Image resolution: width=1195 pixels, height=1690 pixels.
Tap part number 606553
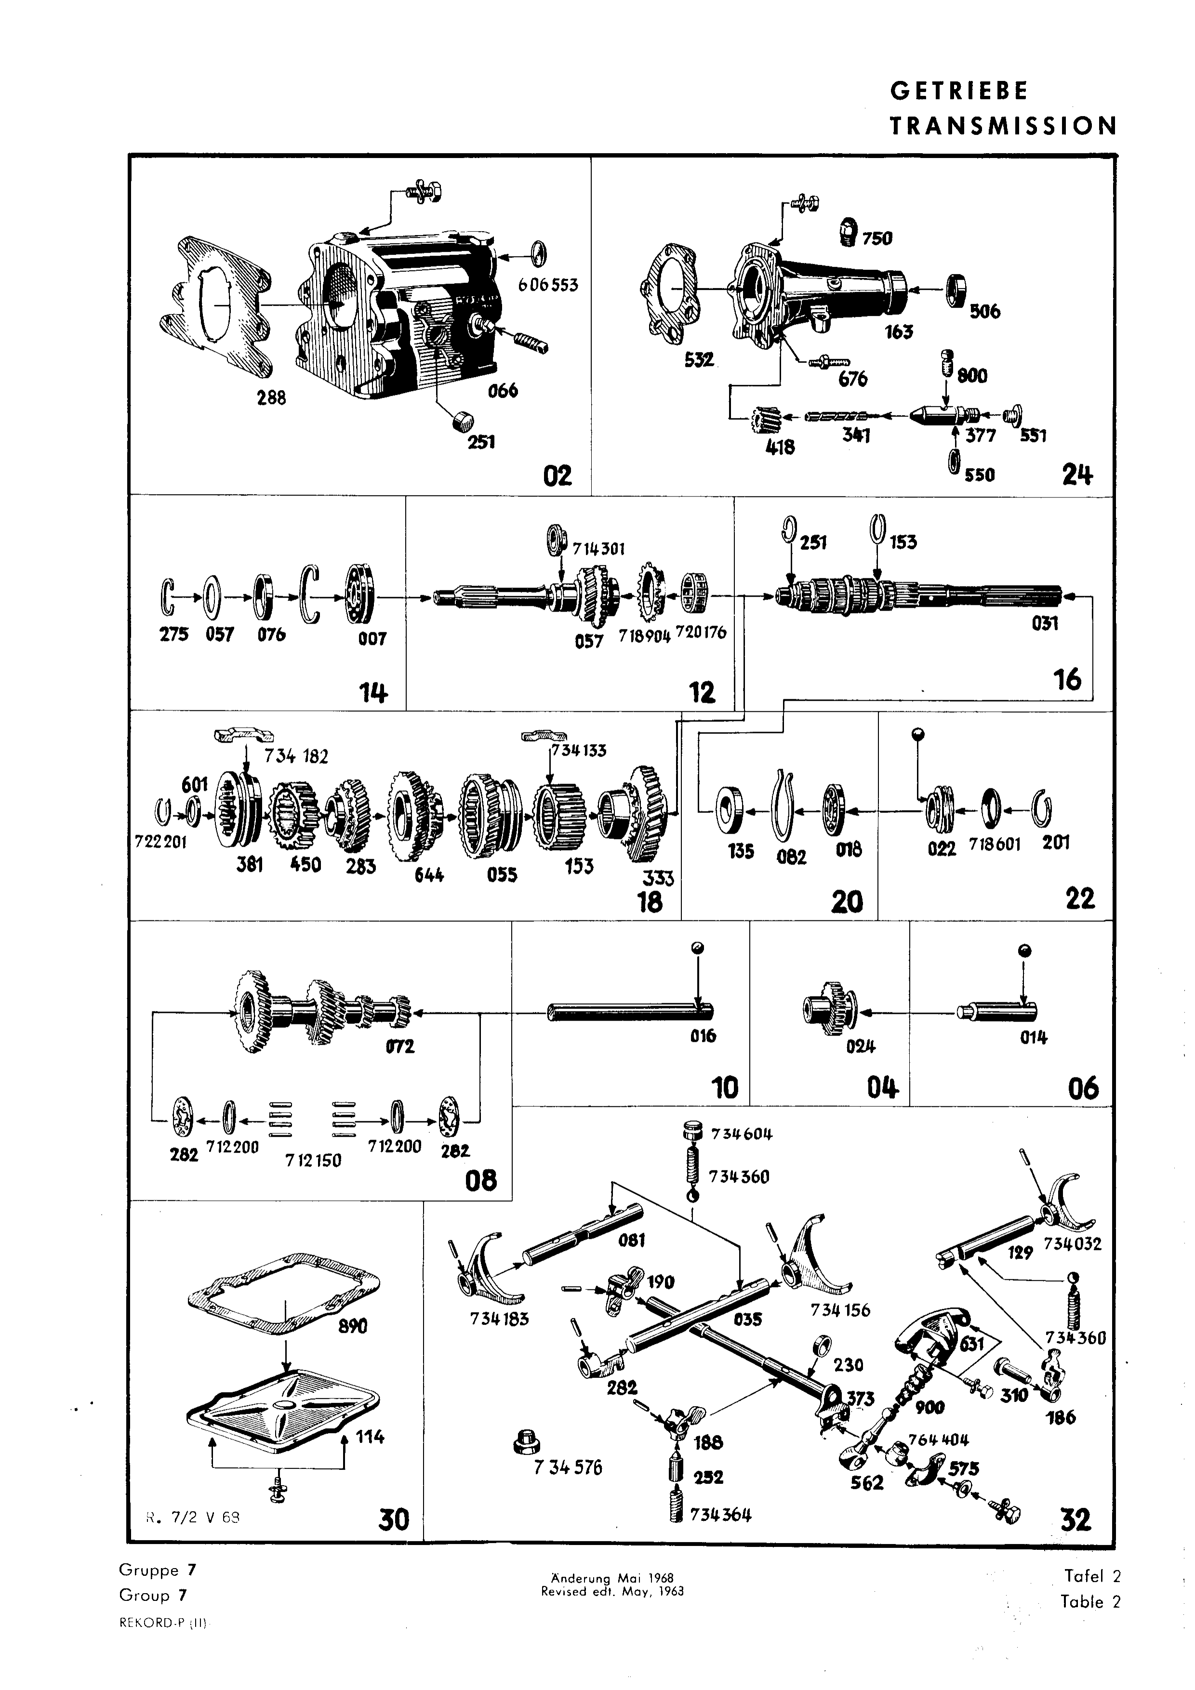548,285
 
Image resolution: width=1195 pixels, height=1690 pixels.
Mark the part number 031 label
1044,623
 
